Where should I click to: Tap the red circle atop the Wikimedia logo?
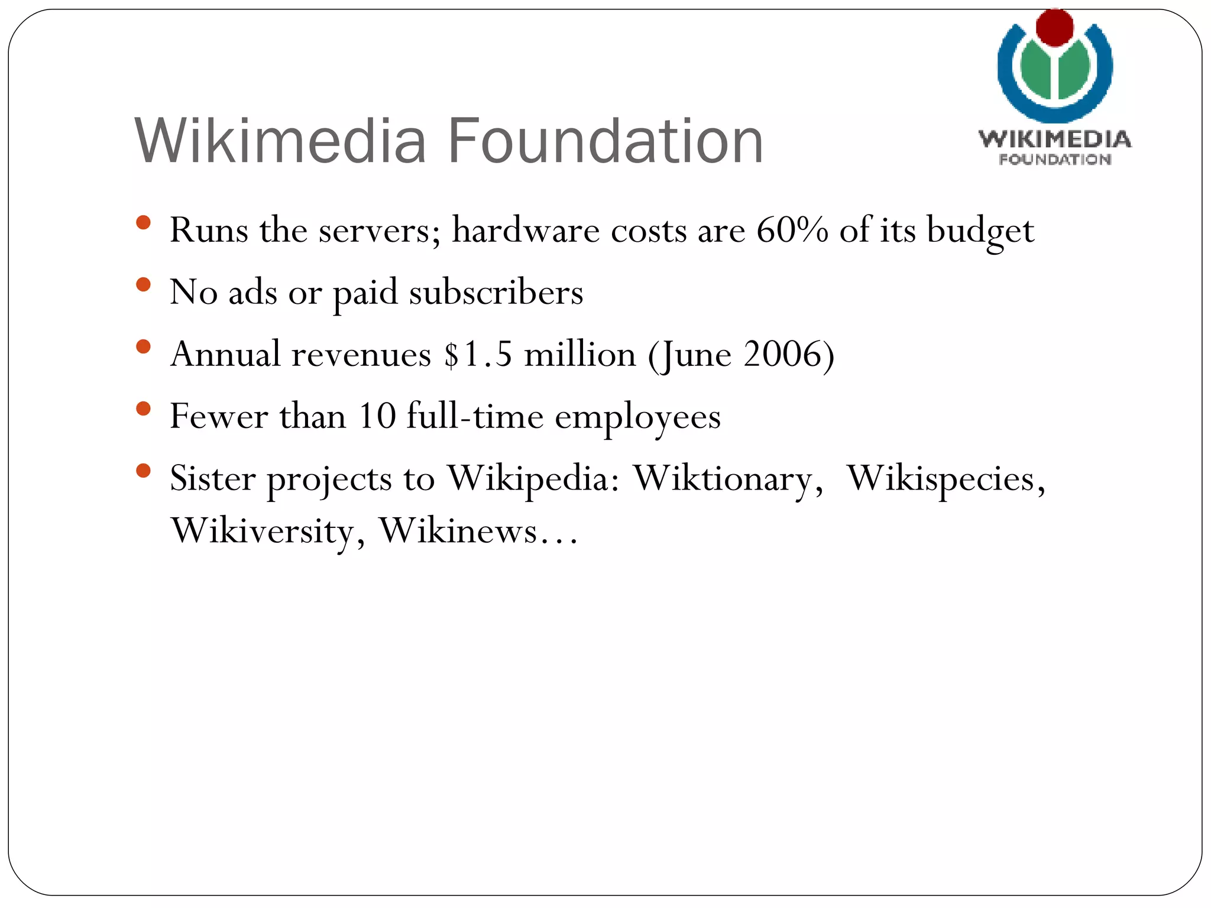(1054, 27)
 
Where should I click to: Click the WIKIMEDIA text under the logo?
(1055, 140)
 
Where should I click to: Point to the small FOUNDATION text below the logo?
(1055, 160)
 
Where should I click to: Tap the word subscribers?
(496, 292)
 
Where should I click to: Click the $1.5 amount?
(478, 355)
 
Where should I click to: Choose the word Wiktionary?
(727, 479)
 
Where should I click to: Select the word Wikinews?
(458, 530)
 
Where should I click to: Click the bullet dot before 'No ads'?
(143, 285)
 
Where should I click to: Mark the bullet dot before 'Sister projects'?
(143, 471)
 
